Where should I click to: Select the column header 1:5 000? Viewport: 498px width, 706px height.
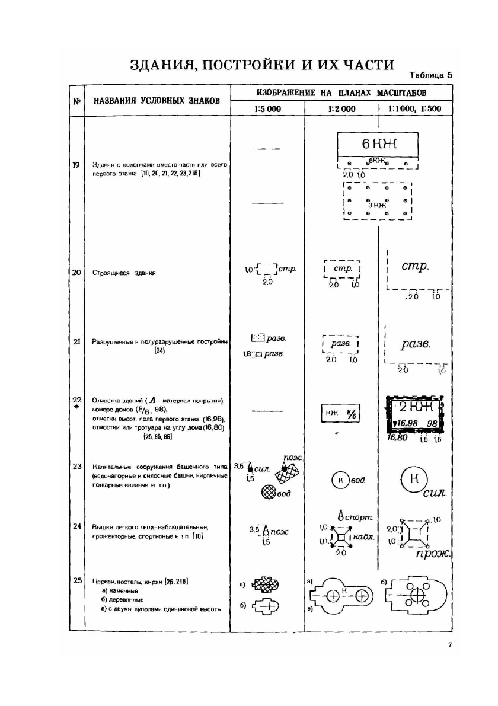(267, 109)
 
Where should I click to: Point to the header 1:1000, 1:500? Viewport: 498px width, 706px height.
(416, 109)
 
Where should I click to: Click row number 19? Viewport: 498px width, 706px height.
(76, 165)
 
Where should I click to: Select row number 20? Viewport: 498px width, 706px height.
(76, 273)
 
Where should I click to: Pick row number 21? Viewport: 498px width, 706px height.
(76, 341)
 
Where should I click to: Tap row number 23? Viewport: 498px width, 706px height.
(76, 467)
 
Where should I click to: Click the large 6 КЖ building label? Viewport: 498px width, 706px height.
(378, 145)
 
